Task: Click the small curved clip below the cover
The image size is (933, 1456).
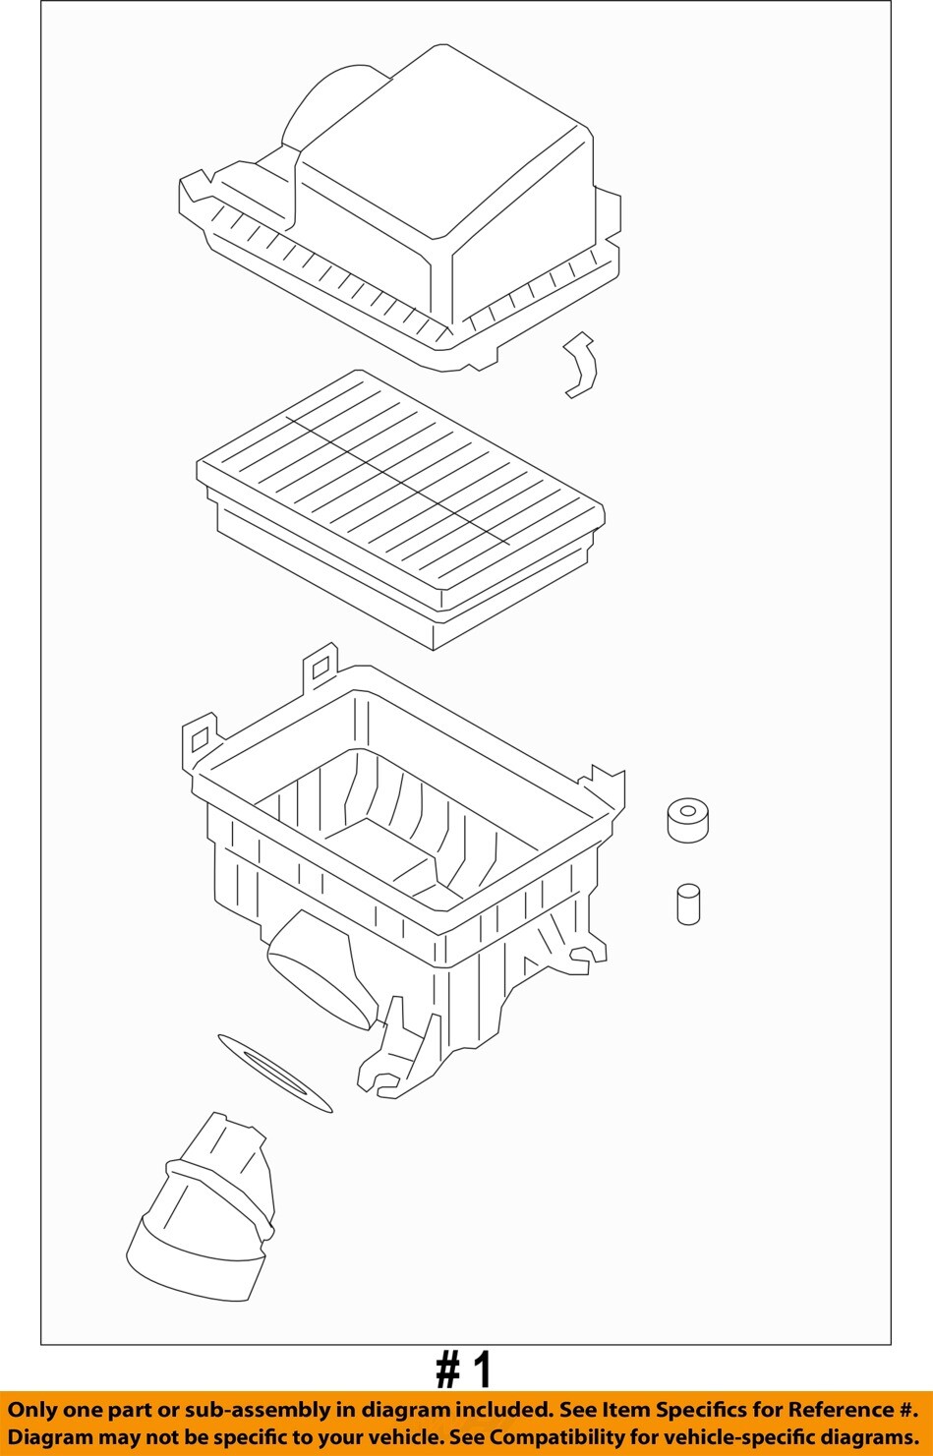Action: click(x=580, y=365)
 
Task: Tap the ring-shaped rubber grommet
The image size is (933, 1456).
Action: click(x=687, y=820)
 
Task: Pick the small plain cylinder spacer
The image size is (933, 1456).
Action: click(x=688, y=903)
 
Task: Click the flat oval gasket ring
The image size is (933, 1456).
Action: click(x=275, y=1074)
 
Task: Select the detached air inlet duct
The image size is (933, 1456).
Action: click(x=201, y=1207)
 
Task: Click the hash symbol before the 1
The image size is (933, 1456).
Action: click(x=447, y=1372)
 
